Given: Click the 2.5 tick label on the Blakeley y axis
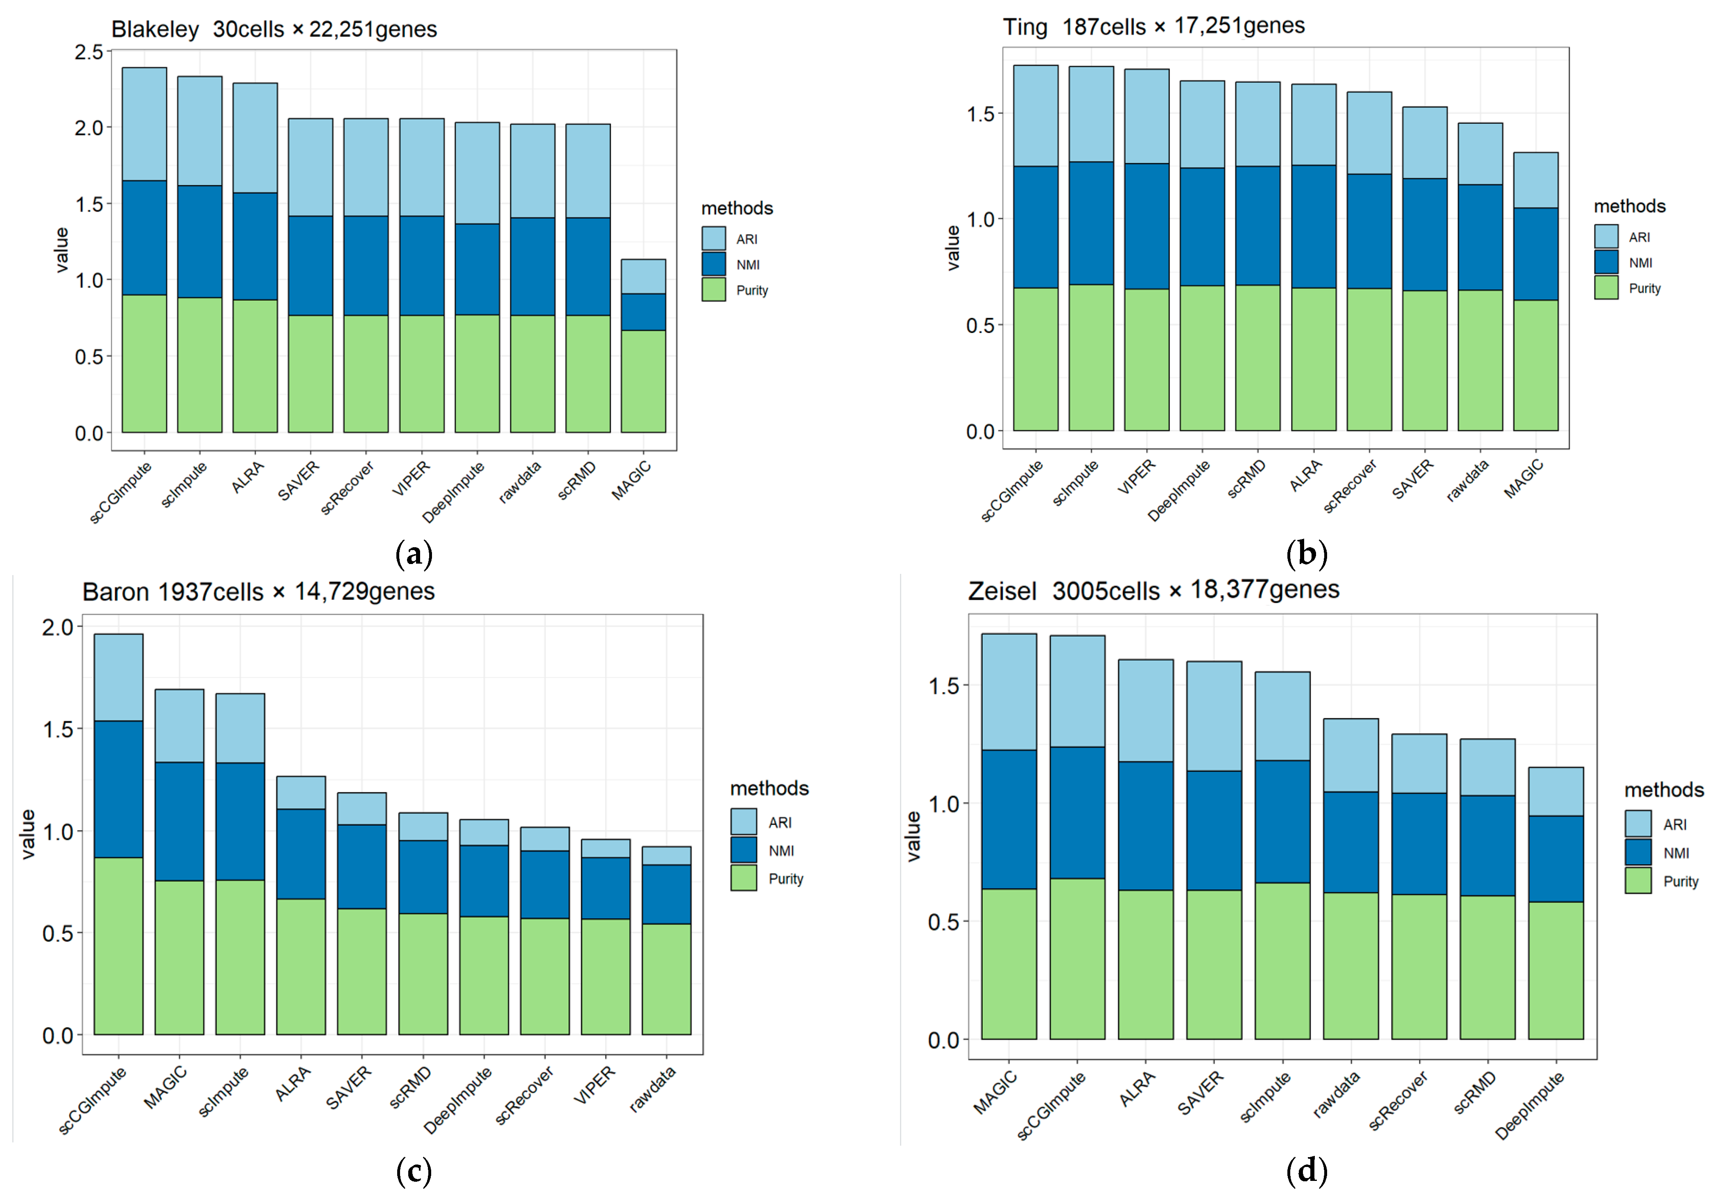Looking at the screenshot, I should pyautogui.click(x=89, y=52).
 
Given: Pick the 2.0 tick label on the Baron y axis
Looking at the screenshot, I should pyautogui.click(x=57, y=627).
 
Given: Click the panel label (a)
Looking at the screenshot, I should pyautogui.click(x=414, y=554).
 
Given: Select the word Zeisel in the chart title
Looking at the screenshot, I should pyautogui.click(x=1002, y=591).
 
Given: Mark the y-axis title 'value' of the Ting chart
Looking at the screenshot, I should pyautogui.click(x=953, y=247).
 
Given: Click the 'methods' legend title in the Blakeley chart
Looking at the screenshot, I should pyautogui.click(x=737, y=208).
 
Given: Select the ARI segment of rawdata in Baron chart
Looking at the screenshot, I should pyautogui.click(x=666, y=855).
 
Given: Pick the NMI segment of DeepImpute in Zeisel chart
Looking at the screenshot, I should pyautogui.click(x=1556, y=859).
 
